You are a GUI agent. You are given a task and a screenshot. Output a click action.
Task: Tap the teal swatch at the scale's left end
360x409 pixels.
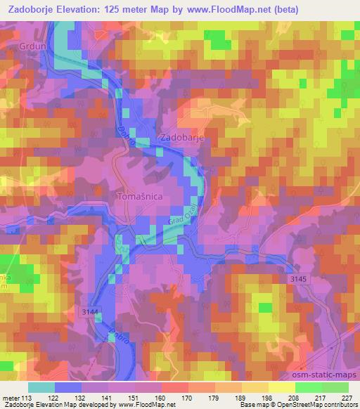(x=41, y=387)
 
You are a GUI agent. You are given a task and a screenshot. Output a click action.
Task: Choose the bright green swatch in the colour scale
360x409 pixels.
(x=309, y=387)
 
